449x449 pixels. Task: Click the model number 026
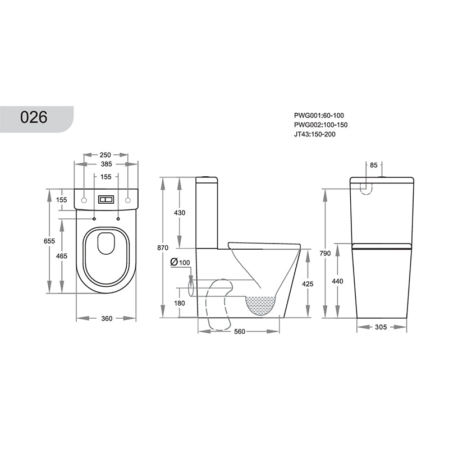(34, 117)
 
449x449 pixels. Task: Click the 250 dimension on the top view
(106, 155)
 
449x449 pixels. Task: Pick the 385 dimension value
(106, 164)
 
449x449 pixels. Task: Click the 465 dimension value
(62, 256)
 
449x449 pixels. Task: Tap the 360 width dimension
(106, 318)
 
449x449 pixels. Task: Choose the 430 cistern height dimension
(180, 213)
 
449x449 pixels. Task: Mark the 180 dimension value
(180, 303)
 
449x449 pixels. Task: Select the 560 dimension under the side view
(240, 331)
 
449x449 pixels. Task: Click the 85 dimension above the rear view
(374, 165)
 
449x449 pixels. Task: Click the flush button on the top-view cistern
(106, 200)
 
